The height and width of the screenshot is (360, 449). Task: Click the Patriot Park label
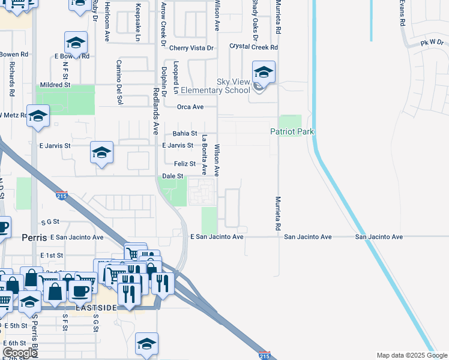point(292,131)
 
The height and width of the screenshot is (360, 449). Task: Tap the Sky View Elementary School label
point(233,86)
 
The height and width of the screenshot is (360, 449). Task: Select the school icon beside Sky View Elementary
point(264,73)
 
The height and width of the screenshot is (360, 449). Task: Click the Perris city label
point(34,237)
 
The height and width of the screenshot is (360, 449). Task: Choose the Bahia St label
point(185,133)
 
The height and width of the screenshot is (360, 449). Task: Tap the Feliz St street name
point(184,164)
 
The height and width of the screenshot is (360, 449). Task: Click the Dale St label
point(172,176)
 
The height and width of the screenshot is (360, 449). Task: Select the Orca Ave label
point(190,107)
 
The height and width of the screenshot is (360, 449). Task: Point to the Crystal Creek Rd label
point(254,47)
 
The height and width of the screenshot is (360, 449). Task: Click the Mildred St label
point(55,85)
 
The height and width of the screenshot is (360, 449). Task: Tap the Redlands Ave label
point(155,102)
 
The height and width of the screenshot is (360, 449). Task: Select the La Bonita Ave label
point(204,154)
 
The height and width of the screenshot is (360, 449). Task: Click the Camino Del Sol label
point(119,82)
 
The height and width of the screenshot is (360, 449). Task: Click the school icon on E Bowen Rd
point(76,43)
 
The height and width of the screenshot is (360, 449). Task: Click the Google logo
point(19,353)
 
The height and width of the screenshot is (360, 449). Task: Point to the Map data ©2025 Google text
point(411,355)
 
